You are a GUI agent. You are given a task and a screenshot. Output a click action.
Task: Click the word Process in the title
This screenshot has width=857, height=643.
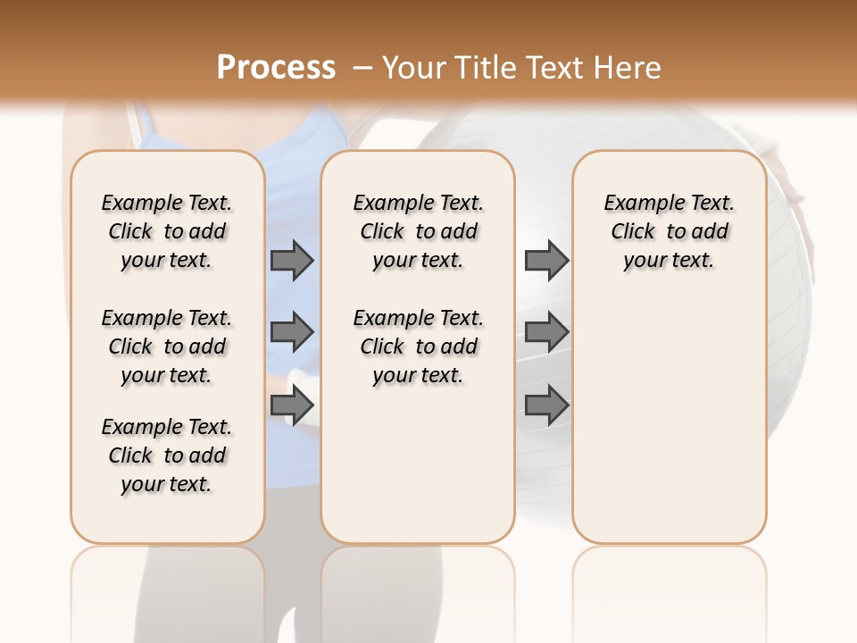click(x=276, y=68)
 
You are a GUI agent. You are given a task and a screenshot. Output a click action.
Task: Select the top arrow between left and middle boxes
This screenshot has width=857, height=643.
click(x=292, y=260)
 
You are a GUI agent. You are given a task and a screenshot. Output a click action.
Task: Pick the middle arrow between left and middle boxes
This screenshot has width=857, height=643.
click(x=292, y=332)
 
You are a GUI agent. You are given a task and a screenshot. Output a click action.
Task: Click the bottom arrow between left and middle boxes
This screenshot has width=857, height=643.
click(x=292, y=405)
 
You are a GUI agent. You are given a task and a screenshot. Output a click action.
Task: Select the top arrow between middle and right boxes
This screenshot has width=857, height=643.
click(x=546, y=260)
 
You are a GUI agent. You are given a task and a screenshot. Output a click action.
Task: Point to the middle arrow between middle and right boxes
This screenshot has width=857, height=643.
click(x=546, y=332)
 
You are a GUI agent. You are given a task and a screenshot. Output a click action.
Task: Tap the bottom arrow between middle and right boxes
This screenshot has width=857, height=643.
click(x=546, y=405)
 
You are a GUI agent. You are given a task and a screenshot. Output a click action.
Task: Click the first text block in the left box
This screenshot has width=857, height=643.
click(x=167, y=231)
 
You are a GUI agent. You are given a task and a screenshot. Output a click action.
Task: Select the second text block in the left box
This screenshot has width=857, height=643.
click(x=167, y=347)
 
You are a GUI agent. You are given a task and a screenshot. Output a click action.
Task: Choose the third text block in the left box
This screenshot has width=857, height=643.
click(x=167, y=455)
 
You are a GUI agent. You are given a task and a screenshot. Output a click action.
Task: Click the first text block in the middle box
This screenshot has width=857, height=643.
click(x=418, y=231)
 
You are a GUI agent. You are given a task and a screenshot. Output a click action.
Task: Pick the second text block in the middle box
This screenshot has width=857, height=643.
click(x=418, y=347)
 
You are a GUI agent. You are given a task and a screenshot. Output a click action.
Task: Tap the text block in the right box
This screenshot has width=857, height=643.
click(x=669, y=231)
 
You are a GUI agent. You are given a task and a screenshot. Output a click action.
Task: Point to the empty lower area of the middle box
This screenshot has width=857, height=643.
click(x=418, y=464)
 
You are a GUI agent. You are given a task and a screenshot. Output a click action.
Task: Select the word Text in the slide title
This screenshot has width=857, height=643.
click(x=556, y=68)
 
